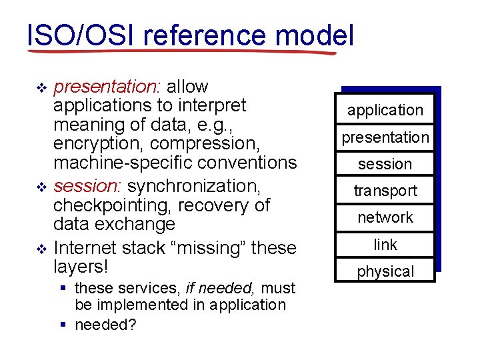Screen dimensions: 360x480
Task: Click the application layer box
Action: [385, 110]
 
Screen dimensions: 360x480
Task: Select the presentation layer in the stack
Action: [385, 137]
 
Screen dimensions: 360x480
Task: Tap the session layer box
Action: [385, 164]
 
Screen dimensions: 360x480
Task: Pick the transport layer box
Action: [385, 191]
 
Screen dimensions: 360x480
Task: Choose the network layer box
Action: [385, 217]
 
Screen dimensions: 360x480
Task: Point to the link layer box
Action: [385, 245]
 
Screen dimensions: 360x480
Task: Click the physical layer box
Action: [385, 271]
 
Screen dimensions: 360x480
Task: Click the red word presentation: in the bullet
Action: [107, 87]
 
